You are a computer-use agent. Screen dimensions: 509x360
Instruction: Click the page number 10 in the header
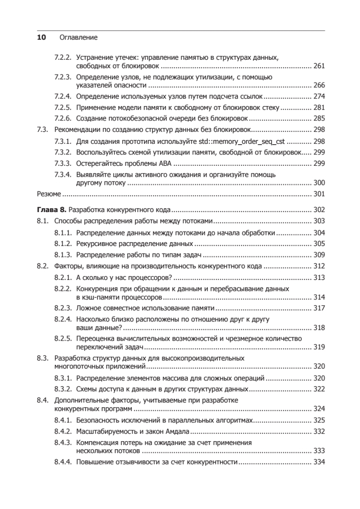[x=42, y=37]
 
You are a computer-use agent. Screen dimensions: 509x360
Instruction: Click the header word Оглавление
[x=79, y=37]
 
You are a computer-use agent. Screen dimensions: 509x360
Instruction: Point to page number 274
[x=318, y=96]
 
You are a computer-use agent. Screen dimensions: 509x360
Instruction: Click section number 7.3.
[x=42, y=129]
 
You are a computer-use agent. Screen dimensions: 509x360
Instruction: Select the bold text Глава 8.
[x=52, y=210]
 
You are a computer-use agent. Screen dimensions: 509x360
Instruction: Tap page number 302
[x=318, y=210]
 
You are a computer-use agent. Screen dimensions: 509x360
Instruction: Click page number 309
[x=318, y=255]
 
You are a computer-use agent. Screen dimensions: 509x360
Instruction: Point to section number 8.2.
[x=42, y=266]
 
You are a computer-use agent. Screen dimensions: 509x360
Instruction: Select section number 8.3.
[x=42, y=358]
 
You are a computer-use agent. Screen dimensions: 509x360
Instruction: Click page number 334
[x=318, y=462]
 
